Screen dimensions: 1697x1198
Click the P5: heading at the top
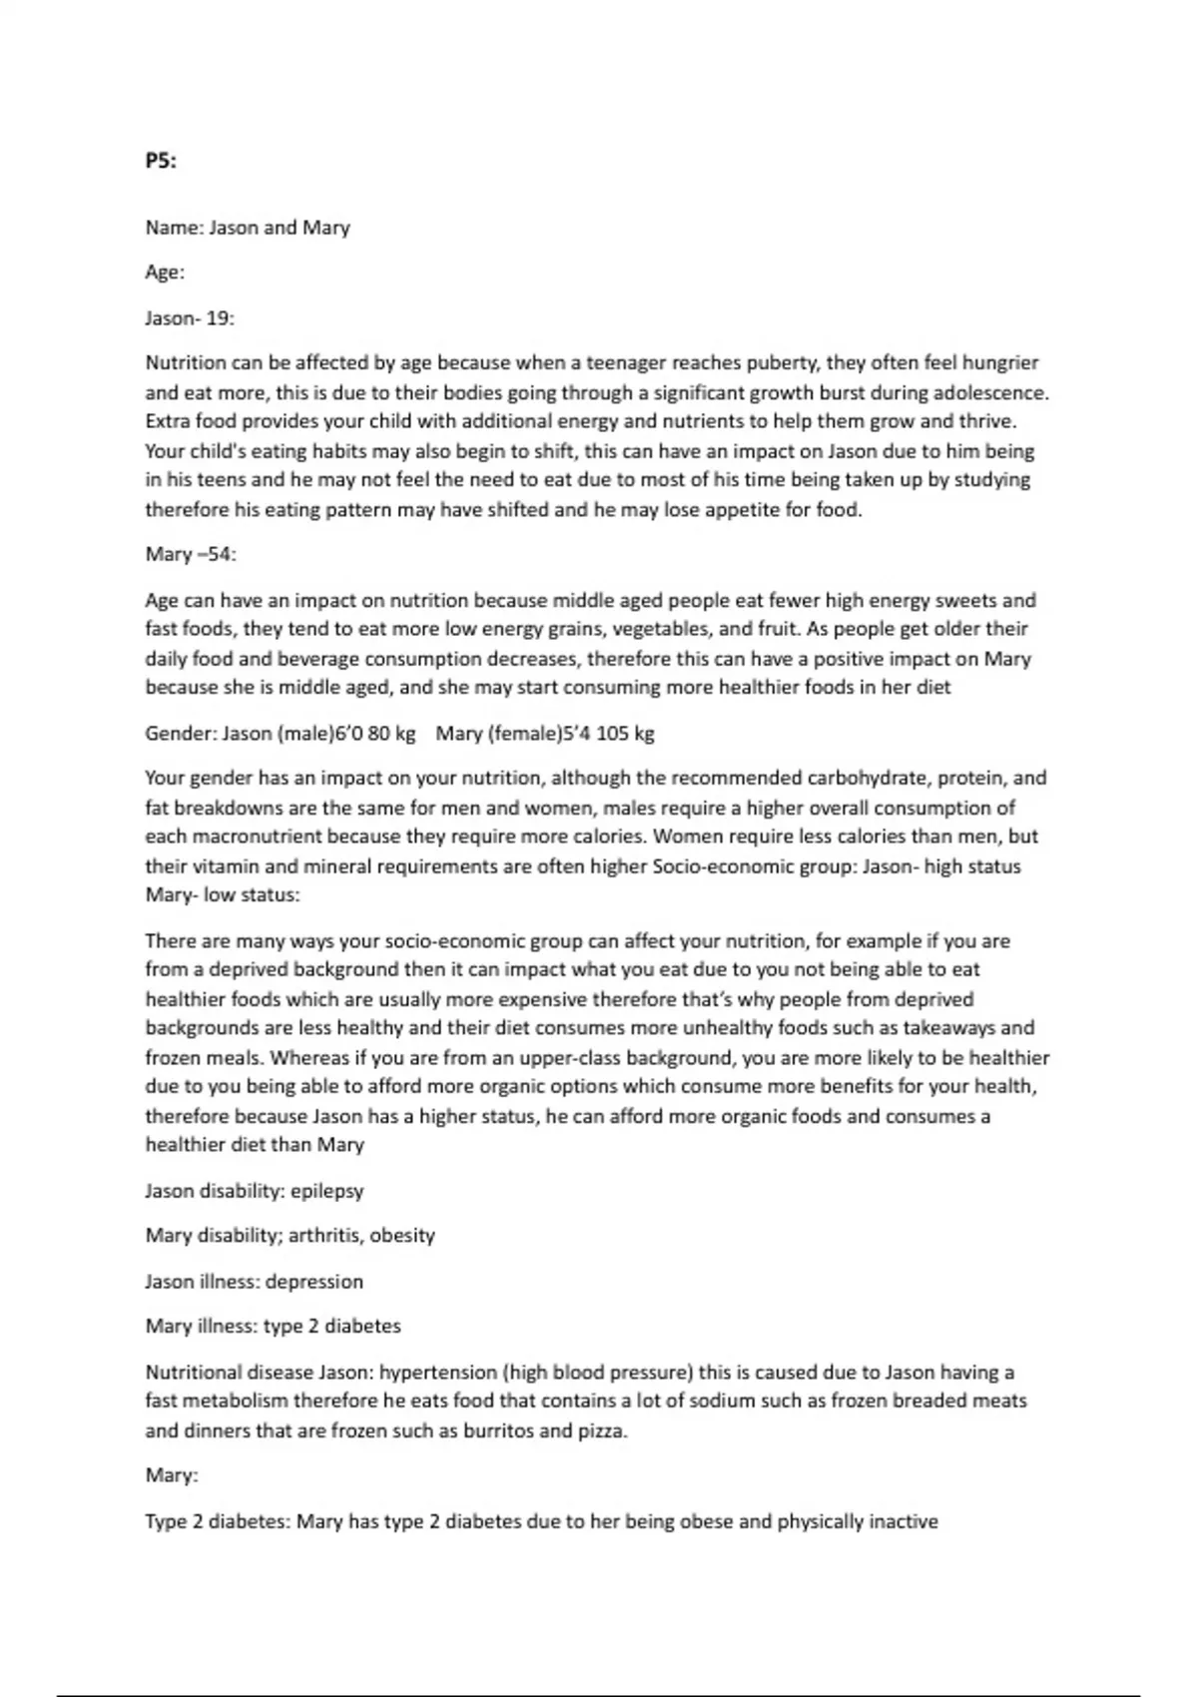tap(161, 161)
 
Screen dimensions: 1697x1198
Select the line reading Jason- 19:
tap(190, 318)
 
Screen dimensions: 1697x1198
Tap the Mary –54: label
tap(191, 554)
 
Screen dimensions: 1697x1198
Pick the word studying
tap(991, 480)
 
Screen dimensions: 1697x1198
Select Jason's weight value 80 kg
tap(391, 734)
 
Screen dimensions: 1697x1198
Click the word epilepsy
tap(327, 1191)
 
